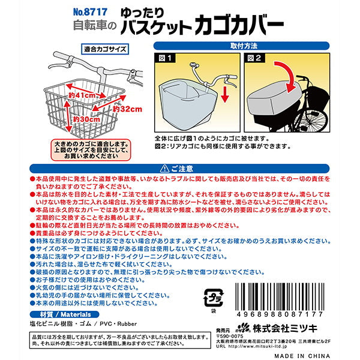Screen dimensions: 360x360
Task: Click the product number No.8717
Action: [x=89, y=11]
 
